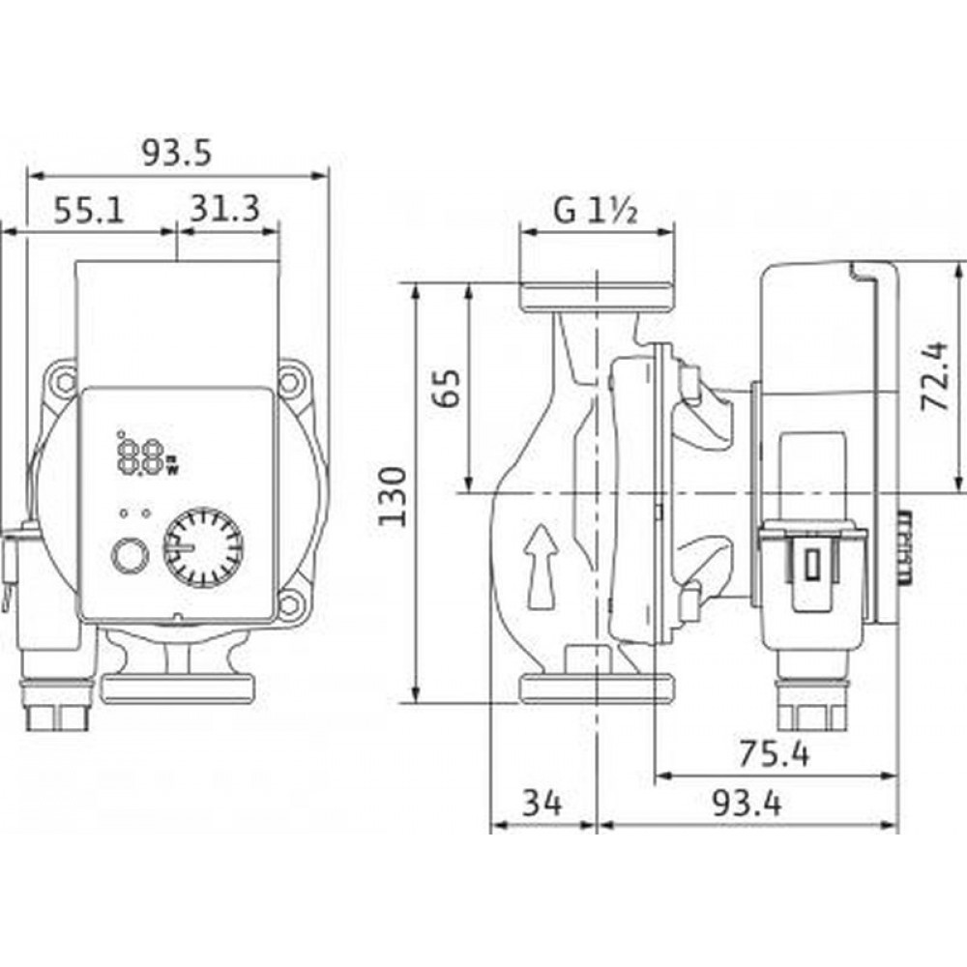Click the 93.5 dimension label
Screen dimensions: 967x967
tap(176, 153)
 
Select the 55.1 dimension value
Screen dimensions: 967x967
tap(89, 210)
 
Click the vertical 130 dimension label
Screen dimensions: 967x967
tap(393, 496)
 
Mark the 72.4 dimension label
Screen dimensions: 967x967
tap(932, 376)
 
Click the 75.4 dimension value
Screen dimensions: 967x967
tap(774, 753)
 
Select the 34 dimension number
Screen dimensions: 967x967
tap(542, 803)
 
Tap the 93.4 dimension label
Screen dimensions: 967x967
tap(747, 803)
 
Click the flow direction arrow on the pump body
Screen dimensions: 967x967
tap(541, 567)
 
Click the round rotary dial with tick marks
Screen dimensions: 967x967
tap(203, 547)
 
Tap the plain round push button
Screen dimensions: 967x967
tap(130, 555)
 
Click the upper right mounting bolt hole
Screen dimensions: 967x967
tap(289, 381)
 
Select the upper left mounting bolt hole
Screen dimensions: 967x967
tap(64, 381)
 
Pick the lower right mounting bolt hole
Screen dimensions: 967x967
tap(289, 604)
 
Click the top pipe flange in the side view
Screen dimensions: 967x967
tap(597, 298)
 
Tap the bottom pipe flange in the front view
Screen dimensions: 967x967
tap(177, 689)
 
